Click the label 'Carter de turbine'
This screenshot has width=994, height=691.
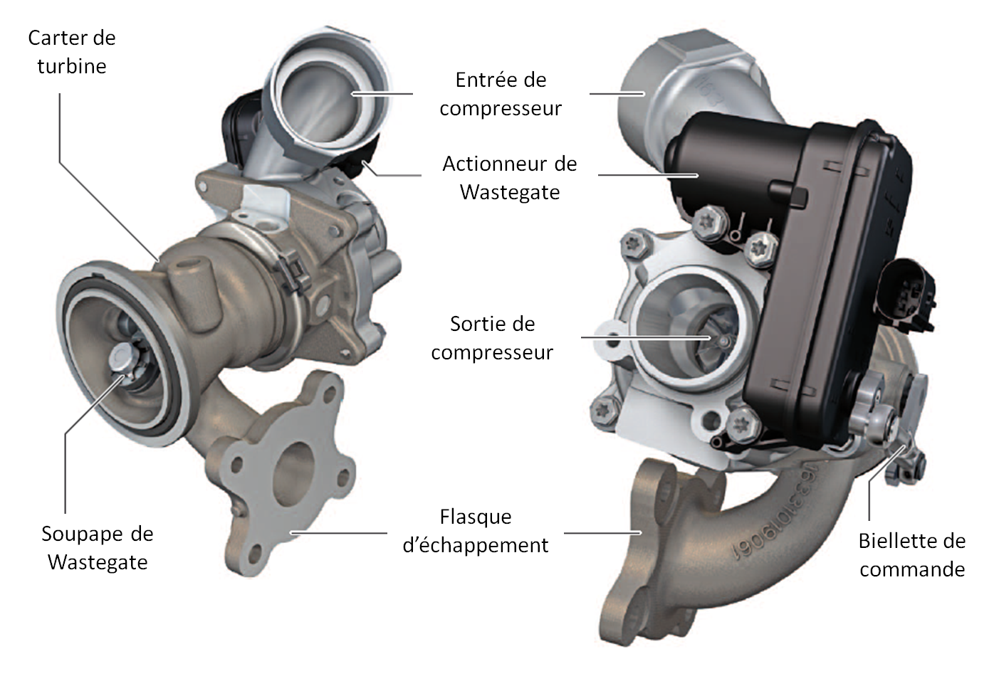click(71, 52)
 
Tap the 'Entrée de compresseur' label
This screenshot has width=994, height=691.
click(501, 94)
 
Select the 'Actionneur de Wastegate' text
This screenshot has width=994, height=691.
click(509, 177)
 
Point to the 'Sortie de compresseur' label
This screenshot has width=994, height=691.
click(492, 338)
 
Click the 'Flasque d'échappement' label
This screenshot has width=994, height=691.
click(475, 530)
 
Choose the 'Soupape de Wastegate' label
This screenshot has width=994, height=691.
click(97, 547)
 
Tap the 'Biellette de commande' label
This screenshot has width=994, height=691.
click(912, 555)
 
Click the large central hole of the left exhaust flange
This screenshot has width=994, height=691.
click(293, 474)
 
